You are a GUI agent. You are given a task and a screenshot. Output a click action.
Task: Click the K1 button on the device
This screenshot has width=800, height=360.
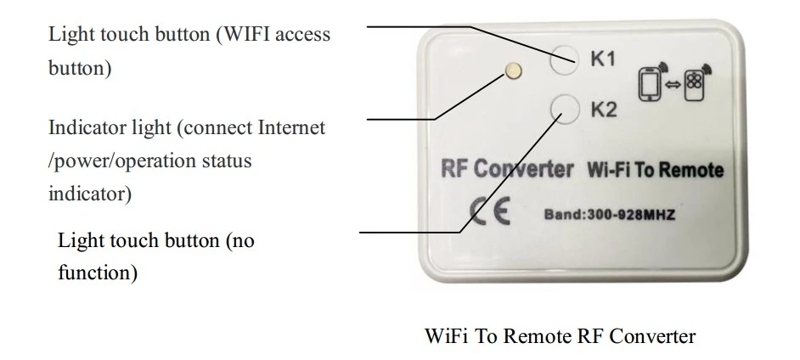[x=564, y=59]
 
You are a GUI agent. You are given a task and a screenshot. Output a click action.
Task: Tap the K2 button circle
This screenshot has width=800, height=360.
[x=566, y=109]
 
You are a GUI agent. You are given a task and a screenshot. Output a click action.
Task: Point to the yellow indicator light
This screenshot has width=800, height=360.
[x=514, y=70]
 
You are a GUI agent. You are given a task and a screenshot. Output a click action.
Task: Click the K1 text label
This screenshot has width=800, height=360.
[x=603, y=59]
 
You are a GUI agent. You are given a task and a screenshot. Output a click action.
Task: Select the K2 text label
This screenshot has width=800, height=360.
[x=604, y=110]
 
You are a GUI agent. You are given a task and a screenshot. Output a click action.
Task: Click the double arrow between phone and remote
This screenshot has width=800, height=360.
[x=673, y=85]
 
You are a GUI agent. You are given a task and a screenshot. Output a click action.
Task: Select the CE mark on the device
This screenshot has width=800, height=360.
[x=490, y=211]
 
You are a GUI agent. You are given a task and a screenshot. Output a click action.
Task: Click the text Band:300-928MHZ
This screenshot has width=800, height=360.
[x=610, y=215]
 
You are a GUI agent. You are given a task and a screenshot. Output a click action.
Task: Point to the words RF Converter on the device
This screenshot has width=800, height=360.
[x=507, y=169]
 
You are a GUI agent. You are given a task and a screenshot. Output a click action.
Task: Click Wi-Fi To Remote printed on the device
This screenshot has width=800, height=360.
[x=656, y=170]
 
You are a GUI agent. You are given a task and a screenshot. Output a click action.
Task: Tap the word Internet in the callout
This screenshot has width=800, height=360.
[x=291, y=127]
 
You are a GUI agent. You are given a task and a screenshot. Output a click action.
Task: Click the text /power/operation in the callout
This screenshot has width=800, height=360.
[x=122, y=161]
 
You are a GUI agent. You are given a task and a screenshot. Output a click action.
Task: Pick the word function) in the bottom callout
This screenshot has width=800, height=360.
[x=98, y=272]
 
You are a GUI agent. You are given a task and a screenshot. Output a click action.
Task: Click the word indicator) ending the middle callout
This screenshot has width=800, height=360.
[x=90, y=194]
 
